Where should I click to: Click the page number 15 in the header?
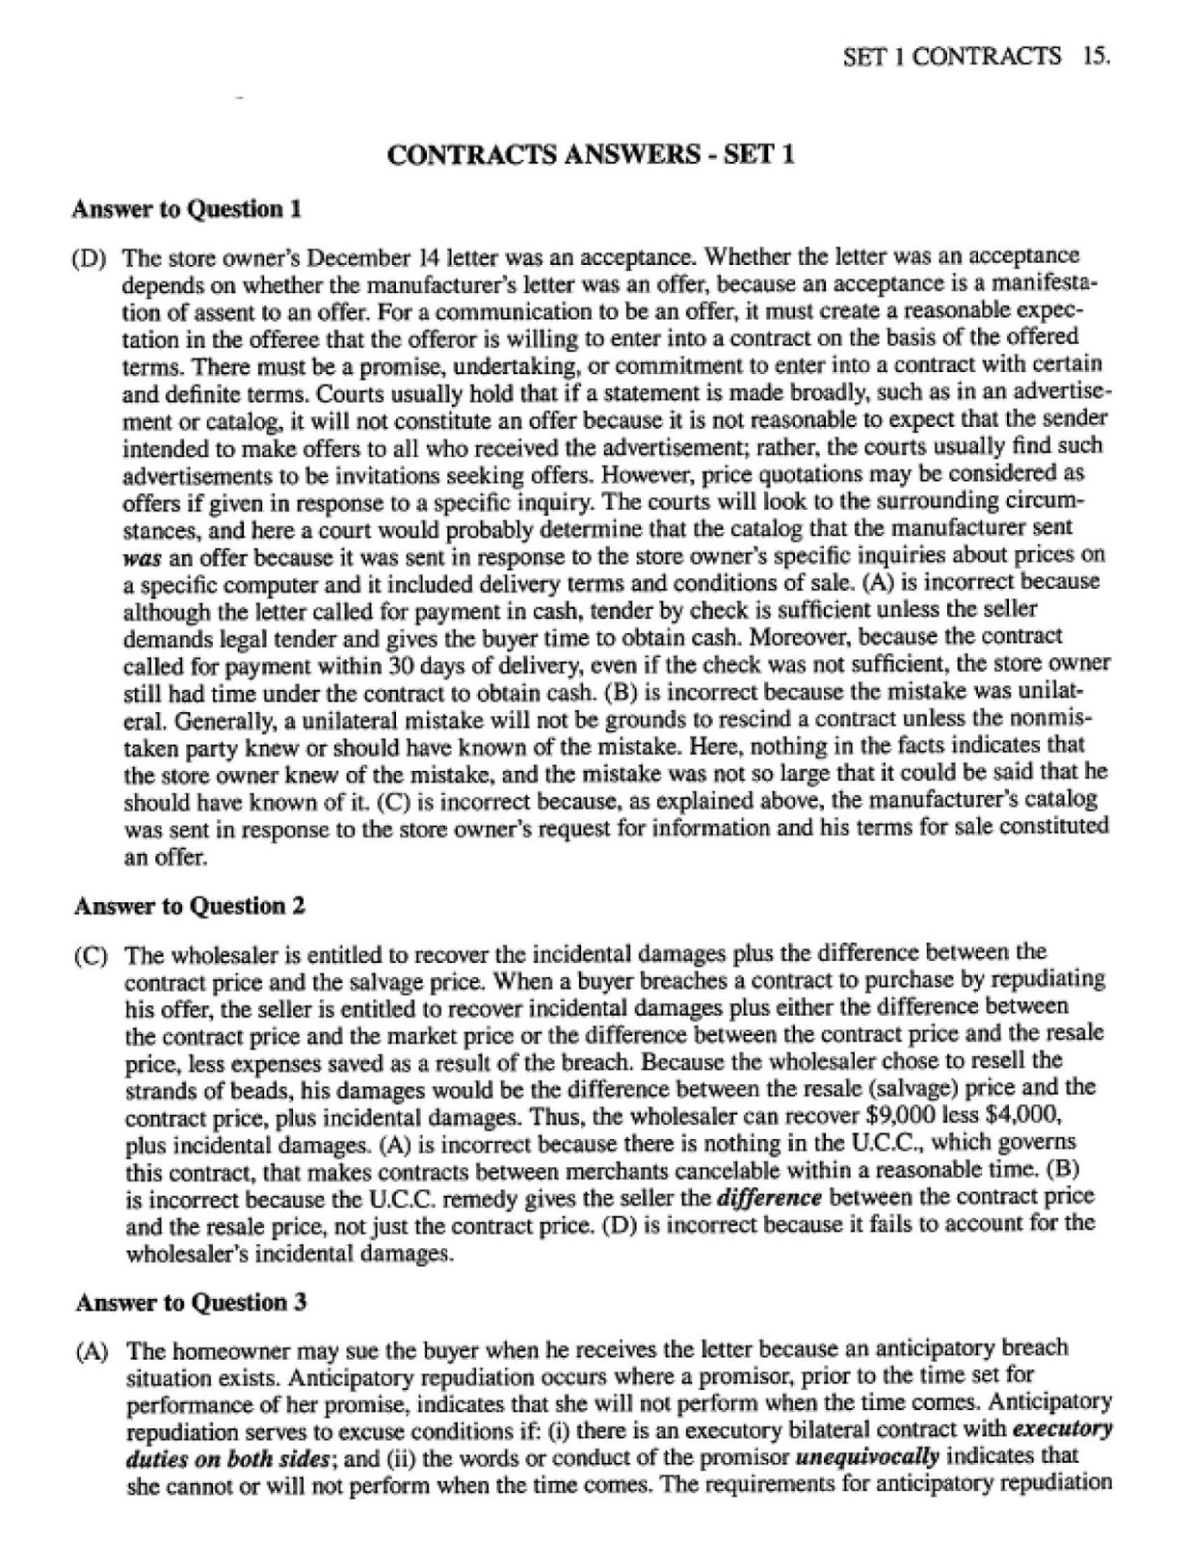click(x=1097, y=56)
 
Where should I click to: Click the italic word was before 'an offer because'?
click(x=141, y=557)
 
